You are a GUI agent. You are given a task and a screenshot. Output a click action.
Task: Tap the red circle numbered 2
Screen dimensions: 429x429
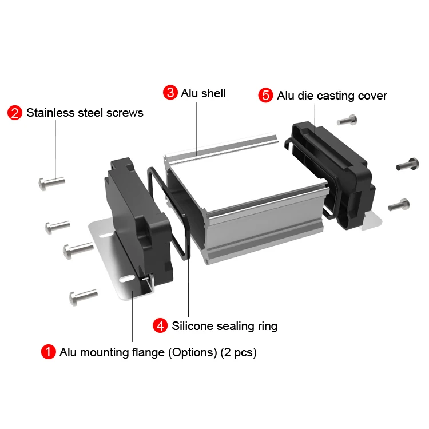(15, 112)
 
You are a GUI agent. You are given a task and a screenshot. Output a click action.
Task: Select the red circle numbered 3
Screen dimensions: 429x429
(170, 93)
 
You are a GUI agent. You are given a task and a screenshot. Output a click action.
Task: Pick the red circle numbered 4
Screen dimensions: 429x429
(161, 326)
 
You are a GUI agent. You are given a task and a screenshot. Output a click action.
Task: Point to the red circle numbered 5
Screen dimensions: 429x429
(266, 96)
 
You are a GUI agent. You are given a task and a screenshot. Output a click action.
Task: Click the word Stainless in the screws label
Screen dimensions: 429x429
(49, 112)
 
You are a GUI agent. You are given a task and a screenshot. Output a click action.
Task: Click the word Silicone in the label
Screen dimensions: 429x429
(193, 326)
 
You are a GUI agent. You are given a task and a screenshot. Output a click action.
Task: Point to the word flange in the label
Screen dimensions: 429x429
(147, 352)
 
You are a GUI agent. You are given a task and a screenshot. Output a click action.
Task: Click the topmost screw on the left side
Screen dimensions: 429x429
(51, 183)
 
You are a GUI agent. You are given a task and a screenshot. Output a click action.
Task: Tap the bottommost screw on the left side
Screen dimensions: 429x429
(82, 297)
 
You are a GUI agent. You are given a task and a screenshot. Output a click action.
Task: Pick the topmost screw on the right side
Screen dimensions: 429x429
(347, 120)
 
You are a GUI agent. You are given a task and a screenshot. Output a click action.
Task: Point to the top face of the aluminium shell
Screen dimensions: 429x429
(246, 172)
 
